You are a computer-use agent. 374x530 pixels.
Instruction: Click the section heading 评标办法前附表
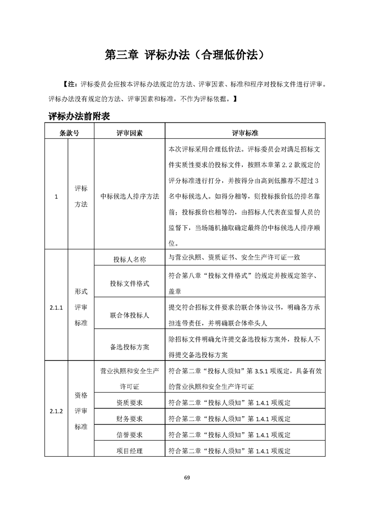[x=79, y=116]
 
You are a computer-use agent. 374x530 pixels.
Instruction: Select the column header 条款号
[x=69, y=133]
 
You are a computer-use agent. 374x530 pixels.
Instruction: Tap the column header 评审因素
[x=130, y=133]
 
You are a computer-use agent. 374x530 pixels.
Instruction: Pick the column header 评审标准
[x=245, y=133]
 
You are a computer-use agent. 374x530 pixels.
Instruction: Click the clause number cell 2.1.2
[x=56, y=411]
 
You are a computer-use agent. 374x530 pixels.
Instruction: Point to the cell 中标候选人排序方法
[x=130, y=196]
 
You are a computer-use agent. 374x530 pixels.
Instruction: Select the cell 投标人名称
[x=130, y=259]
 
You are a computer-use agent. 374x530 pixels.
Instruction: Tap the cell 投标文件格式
[x=130, y=283]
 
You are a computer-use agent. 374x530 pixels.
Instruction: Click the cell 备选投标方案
[x=130, y=347]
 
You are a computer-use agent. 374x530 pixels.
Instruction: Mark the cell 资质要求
[x=130, y=403]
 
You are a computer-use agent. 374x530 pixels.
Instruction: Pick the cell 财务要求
[x=130, y=419]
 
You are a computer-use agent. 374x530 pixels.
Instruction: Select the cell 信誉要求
[x=130, y=435]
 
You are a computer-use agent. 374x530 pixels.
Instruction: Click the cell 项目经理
[x=130, y=451]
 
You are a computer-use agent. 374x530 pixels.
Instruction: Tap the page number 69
[x=187, y=478]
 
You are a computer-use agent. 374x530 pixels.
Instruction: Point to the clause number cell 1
[x=56, y=196]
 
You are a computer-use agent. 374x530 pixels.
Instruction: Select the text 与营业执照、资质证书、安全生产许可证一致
[x=234, y=258]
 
